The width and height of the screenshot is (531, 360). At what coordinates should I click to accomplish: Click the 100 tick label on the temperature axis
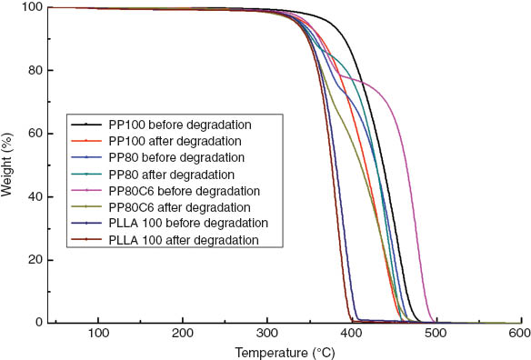(x=98, y=335)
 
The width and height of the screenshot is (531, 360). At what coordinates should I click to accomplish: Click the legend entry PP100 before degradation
(x=179, y=125)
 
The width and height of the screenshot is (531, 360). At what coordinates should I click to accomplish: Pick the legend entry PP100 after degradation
(x=176, y=141)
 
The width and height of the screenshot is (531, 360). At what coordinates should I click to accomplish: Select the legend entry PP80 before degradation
(x=175, y=157)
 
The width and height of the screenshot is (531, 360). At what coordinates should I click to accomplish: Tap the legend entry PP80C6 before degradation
(x=185, y=191)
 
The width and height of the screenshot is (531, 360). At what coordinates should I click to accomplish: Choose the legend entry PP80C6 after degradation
(x=182, y=207)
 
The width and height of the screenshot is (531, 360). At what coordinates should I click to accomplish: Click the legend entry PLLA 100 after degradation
(x=183, y=240)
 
